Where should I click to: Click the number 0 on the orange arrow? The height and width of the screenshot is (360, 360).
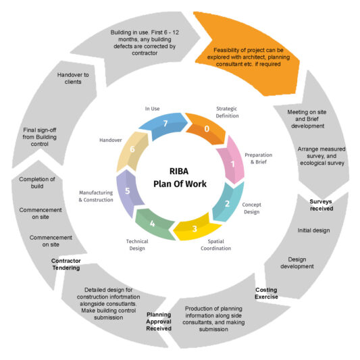(x=207, y=128)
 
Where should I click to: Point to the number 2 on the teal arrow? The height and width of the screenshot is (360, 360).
(x=228, y=204)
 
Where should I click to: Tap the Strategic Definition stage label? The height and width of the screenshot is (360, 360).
(x=227, y=112)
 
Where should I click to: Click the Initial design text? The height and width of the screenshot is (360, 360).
(x=314, y=230)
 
